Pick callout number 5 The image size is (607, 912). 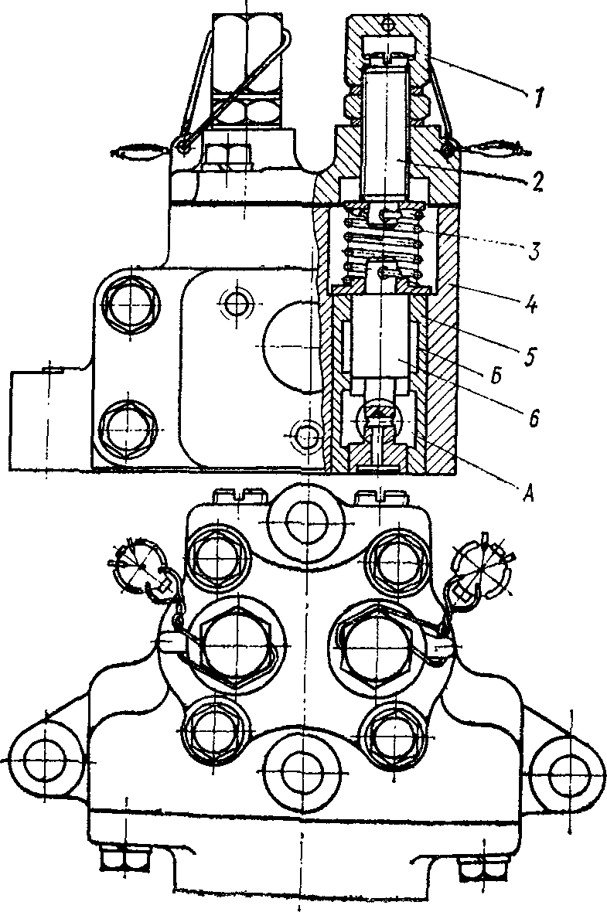pos(528,355)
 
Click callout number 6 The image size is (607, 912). pos(534,417)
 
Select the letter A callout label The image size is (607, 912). pos(528,494)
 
